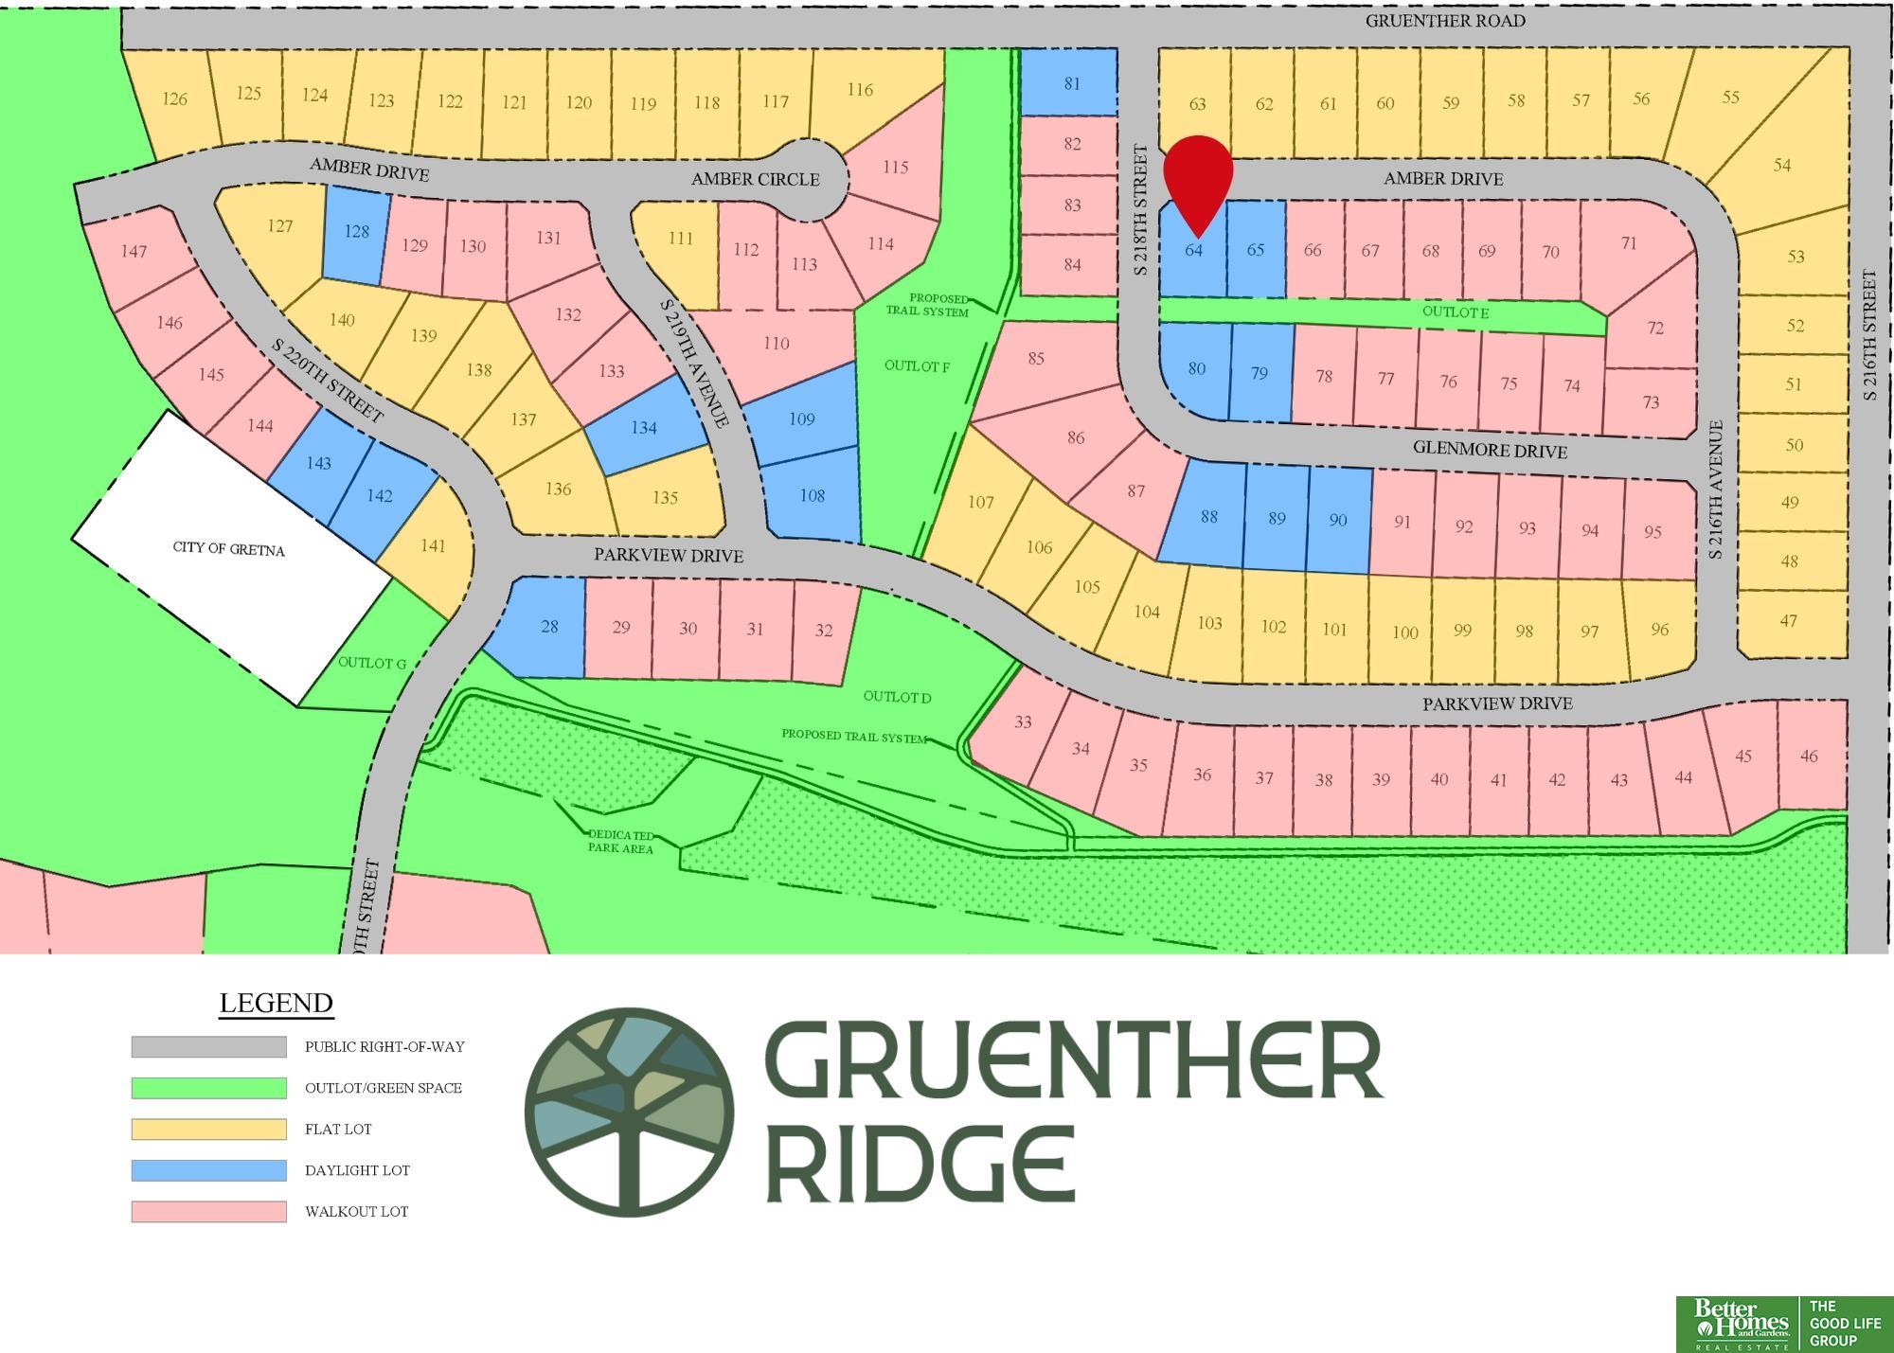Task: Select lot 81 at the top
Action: pyautogui.click(x=1071, y=83)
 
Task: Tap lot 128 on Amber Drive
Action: pyautogui.click(x=356, y=232)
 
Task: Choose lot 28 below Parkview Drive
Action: pyautogui.click(x=547, y=628)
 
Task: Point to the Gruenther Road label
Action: pyautogui.click(x=1444, y=21)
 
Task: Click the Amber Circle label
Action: pyautogui.click(x=755, y=179)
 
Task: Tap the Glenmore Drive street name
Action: pyautogui.click(x=1489, y=450)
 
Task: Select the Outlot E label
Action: pyautogui.click(x=1455, y=312)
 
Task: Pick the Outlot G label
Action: pyautogui.click(x=371, y=663)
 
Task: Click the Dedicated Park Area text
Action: pyautogui.click(x=621, y=841)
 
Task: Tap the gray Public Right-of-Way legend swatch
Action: pyautogui.click(x=208, y=1046)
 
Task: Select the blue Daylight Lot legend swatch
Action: pyautogui.click(x=208, y=1170)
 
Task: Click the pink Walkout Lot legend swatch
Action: pyautogui.click(x=208, y=1211)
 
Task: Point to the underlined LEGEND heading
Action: pyautogui.click(x=276, y=1003)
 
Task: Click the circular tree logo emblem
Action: pyautogui.click(x=629, y=1112)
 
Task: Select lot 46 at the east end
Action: pyautogui.click(x=1808, y=756)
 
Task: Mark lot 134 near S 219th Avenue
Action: pyautogui.click(x=644, y=428)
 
